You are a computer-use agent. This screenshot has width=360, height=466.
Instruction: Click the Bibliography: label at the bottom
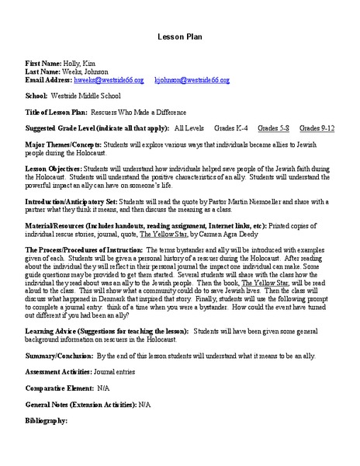point(47,420)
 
